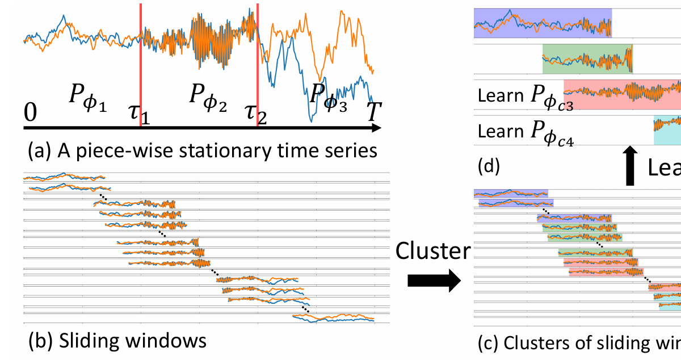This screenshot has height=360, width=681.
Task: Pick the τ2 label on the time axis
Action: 255,114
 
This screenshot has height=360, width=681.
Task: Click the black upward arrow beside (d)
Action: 629,165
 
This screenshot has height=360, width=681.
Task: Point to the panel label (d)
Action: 489,167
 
